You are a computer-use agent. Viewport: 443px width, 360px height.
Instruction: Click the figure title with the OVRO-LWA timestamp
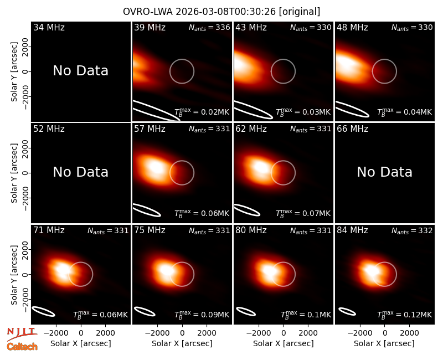(x=221, y=12)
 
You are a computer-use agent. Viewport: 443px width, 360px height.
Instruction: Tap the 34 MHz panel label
(x=49, y=27)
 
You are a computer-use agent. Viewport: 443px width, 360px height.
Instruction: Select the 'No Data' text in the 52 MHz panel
(x=81, y=172)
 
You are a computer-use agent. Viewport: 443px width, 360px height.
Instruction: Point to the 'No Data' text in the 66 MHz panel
(x=384, y=172)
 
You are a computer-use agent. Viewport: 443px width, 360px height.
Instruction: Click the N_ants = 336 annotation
(x=209, y=27)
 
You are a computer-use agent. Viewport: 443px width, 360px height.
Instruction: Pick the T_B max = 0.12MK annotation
(x=405, y=315)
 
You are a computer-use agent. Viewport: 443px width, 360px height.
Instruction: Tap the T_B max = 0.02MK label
(x=202, y=112)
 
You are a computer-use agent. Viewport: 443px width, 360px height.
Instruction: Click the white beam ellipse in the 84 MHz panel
(x=347, y=311)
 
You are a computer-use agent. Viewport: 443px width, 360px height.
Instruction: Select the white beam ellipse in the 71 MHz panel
(x=43, y=311)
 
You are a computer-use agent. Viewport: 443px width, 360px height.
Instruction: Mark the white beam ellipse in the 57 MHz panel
(x=147, y=210)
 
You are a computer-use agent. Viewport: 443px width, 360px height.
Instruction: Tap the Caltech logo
(x=22, y=347)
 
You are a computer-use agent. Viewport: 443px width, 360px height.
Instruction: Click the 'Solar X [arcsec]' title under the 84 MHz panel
(x=384, y=343)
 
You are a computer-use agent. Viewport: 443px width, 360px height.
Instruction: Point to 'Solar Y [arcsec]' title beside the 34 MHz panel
(x=14, y=72)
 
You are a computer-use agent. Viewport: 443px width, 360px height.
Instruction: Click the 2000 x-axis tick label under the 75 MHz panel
(x=207, y=333)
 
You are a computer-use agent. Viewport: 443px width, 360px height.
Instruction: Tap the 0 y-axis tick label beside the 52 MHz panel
(x=25, y=173)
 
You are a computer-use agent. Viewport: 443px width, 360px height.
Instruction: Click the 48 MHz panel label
(x=352, y=27)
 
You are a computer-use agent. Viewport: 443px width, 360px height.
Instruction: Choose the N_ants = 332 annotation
(x=412, y=230)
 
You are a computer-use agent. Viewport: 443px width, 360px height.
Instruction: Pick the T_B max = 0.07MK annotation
(x=303, y=213)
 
